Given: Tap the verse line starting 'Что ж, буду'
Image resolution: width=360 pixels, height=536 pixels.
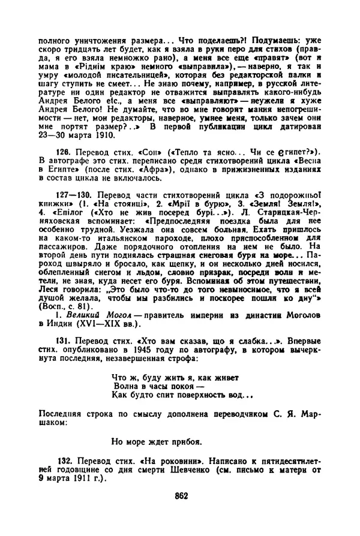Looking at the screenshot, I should click(x=175, y=377).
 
